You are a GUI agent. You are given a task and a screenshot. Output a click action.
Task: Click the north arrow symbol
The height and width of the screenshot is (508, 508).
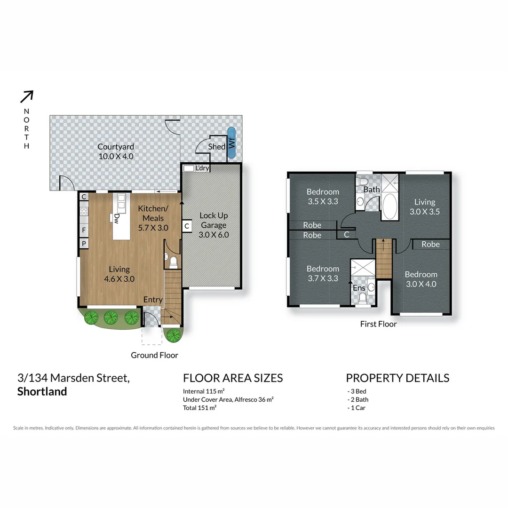pos(27,96)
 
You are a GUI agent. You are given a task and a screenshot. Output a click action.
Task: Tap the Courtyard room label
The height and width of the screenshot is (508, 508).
pos(116,151)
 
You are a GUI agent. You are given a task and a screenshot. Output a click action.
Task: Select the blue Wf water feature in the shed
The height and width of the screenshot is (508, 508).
pos(231,143)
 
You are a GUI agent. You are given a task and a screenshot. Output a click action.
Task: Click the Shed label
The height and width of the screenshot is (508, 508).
pos(217,147)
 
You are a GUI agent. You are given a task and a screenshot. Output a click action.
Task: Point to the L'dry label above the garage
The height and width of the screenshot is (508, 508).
pos(202,168)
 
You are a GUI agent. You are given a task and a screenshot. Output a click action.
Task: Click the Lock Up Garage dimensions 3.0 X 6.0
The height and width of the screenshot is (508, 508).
pos(214,234)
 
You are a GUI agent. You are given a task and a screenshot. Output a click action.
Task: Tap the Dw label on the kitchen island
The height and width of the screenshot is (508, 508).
pos(116,218)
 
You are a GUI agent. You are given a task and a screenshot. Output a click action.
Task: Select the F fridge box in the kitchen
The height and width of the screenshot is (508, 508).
pos(84,230)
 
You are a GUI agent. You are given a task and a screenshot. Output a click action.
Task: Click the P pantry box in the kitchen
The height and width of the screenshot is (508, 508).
pos(84,243)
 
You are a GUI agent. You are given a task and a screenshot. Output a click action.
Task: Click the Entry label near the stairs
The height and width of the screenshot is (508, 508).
pos(153,300)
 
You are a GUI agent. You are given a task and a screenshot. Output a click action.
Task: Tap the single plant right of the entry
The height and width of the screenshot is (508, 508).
pos(174,335)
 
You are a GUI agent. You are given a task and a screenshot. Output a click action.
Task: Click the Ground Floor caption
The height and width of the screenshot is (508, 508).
pos(154,355)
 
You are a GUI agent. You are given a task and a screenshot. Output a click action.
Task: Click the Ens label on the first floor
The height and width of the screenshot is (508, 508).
pos(359,287)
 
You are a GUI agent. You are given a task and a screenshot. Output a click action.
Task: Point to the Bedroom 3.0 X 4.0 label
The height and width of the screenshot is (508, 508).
pos(421,279)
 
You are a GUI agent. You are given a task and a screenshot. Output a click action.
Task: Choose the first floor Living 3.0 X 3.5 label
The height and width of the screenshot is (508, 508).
pos(424,206)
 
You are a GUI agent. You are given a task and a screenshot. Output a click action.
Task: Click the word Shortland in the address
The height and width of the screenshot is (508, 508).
pos(42,392)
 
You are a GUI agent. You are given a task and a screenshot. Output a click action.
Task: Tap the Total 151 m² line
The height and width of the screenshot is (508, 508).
pos(199,408)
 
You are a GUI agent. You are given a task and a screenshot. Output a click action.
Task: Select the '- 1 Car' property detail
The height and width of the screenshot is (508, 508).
pos(356,408)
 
